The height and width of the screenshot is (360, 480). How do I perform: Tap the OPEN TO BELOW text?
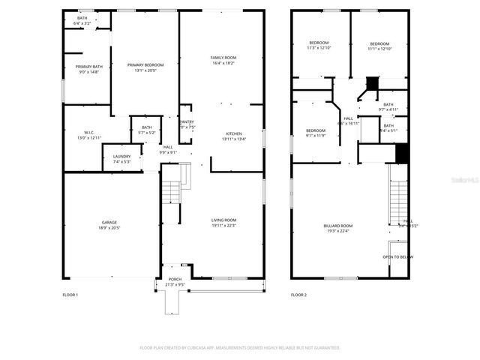pos(397,256)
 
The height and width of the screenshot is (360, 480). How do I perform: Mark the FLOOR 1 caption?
pos(70,295)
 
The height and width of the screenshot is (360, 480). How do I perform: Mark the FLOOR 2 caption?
pos(298,295)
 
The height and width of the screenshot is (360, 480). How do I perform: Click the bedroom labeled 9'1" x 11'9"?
pos(315,133)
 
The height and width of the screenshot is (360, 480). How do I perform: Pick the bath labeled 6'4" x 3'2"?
pos(82,21)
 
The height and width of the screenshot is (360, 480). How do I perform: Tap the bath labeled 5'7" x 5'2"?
pos(146,130)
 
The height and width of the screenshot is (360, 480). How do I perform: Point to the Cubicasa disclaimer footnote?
pos(240,348)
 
